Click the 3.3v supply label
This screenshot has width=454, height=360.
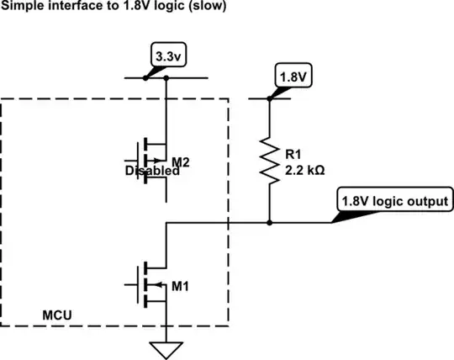point(165,57)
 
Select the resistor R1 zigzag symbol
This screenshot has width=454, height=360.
point(269,161)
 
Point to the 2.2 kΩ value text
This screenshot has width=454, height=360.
point(305,168)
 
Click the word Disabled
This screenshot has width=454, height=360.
point(151,171)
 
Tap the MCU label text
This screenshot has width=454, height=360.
point(56,316)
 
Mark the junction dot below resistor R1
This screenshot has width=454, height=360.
point(269,224)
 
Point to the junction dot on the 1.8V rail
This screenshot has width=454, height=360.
point(269,98)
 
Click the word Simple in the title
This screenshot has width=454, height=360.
point(19,7)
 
